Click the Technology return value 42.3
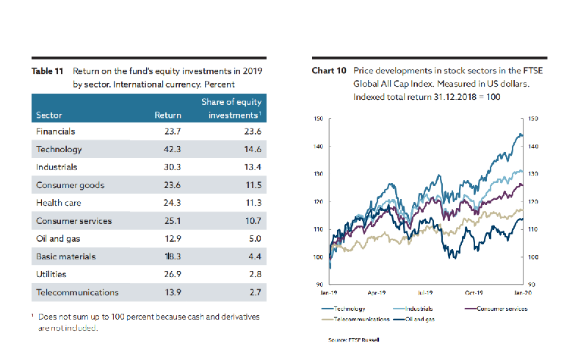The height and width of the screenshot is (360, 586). [172, 149]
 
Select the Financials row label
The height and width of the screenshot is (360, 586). [56, 132]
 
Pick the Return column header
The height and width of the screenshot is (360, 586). [168, 115]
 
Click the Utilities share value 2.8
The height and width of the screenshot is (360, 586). [256, 274]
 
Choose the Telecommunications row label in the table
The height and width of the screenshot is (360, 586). [77, 292]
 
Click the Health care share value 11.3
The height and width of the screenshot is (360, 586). [253, 203]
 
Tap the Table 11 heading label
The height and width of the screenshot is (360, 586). [48, 71]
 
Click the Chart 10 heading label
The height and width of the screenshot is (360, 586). [329, 71]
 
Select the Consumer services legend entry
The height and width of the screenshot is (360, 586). [502, 309]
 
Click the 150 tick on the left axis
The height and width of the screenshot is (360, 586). [318, 118]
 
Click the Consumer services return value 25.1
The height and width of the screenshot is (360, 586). [172, 220]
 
